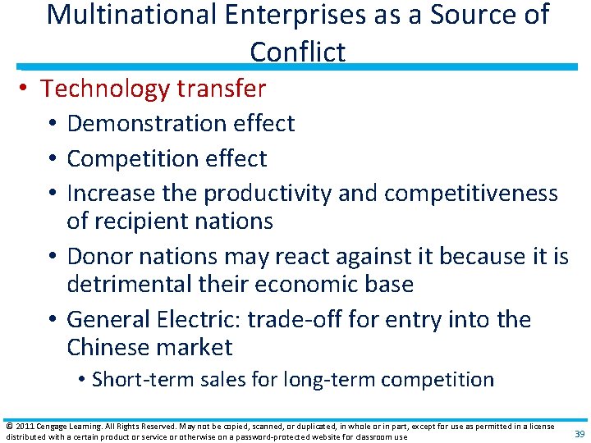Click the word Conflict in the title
(297, 51)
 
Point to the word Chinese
(106, 347)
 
